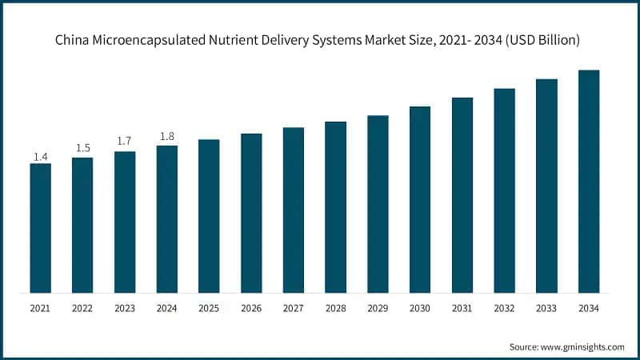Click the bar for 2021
point(40,228)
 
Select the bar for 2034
point(589,182)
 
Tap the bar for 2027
point(294,210)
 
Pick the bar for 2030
point(420,199)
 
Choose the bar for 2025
point(209,216)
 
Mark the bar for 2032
point(504,190)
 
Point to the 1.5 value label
point(82,148)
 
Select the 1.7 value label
point(125,142)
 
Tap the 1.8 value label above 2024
point(166,136)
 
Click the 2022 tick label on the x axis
point(82,307)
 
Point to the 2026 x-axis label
point(251,307)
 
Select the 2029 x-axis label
point(378,307)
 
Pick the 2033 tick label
point(546,307)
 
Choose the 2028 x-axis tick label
point(335,307)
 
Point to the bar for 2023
point(125,222)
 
